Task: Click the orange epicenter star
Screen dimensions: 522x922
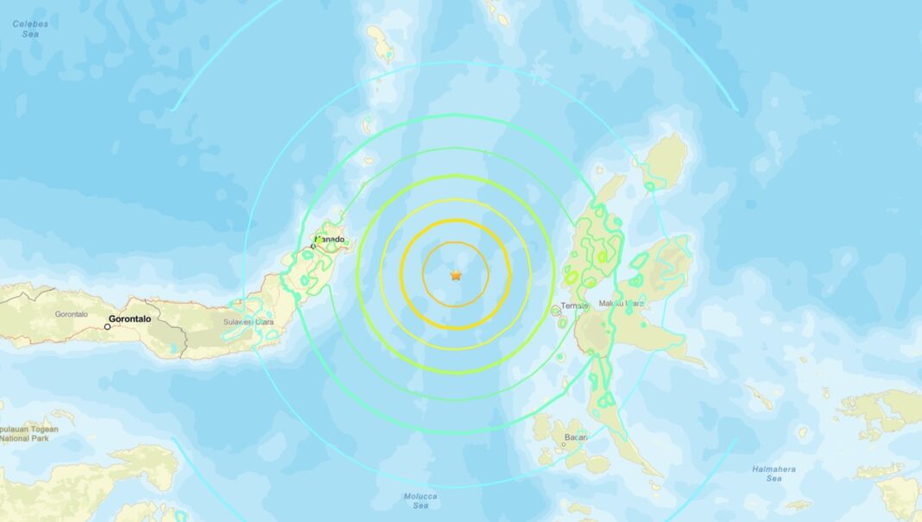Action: coord(456,275)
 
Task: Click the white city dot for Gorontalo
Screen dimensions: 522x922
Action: coord(108,327)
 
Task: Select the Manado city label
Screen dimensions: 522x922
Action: coord(330,239)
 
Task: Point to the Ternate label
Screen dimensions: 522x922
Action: coord(573,305)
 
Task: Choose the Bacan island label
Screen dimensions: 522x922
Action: coord(576,437)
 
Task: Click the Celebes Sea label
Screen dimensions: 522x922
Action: coord(29,28)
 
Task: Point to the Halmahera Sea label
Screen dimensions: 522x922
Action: coord(774,474)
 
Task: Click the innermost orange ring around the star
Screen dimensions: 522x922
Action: coord(423,274)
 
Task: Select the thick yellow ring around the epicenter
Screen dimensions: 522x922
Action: coord(401,274)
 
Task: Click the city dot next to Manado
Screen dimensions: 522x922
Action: coord(313,247)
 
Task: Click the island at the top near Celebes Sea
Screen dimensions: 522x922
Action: coord(380,43)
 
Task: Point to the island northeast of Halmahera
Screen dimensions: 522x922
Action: coord(666,160)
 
